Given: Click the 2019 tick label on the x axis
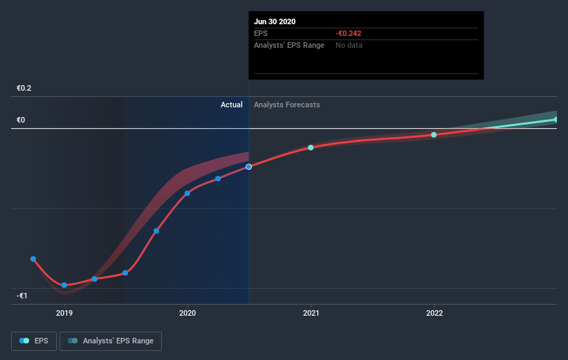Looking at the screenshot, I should point(64,313).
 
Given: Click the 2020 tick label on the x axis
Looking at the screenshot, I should point(187,313).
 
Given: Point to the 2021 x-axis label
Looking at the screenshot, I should point(311,313).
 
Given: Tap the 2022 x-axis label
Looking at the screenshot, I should point(434,313).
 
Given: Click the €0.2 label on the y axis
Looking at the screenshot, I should point(24,89).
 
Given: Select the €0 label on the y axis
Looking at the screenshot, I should point(21,120).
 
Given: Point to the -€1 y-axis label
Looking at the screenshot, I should point(23,296).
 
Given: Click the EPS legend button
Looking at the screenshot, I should point(34,341).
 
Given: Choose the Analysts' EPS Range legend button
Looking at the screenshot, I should point(111,341).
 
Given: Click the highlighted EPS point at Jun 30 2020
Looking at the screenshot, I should point(248,167).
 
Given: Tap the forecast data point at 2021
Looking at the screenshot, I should point(311,147).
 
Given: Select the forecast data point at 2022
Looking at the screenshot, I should point(434,135).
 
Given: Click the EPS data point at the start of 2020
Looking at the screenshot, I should point(187,193).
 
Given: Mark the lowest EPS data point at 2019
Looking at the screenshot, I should point(64,285).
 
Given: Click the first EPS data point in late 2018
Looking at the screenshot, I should point(33,259).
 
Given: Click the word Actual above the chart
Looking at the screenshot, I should point(231,105).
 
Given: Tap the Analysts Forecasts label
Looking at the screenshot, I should point(287,105).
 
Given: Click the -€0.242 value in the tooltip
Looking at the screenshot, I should point(349,33).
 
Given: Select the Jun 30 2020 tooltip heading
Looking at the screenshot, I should point(275,21).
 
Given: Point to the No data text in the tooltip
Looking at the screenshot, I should point(349,45).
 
